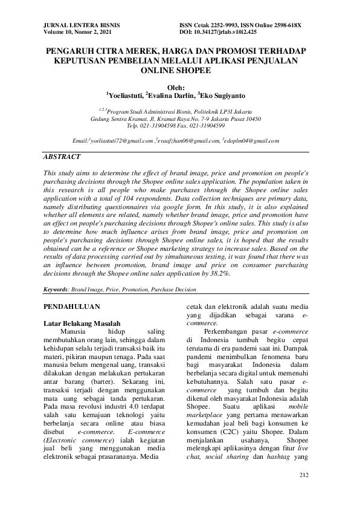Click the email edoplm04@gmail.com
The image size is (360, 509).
point(251,140)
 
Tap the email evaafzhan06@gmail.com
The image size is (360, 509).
point(188,140)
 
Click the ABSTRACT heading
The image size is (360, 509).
point(62,157)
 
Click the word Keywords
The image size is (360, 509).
point(56,290)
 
